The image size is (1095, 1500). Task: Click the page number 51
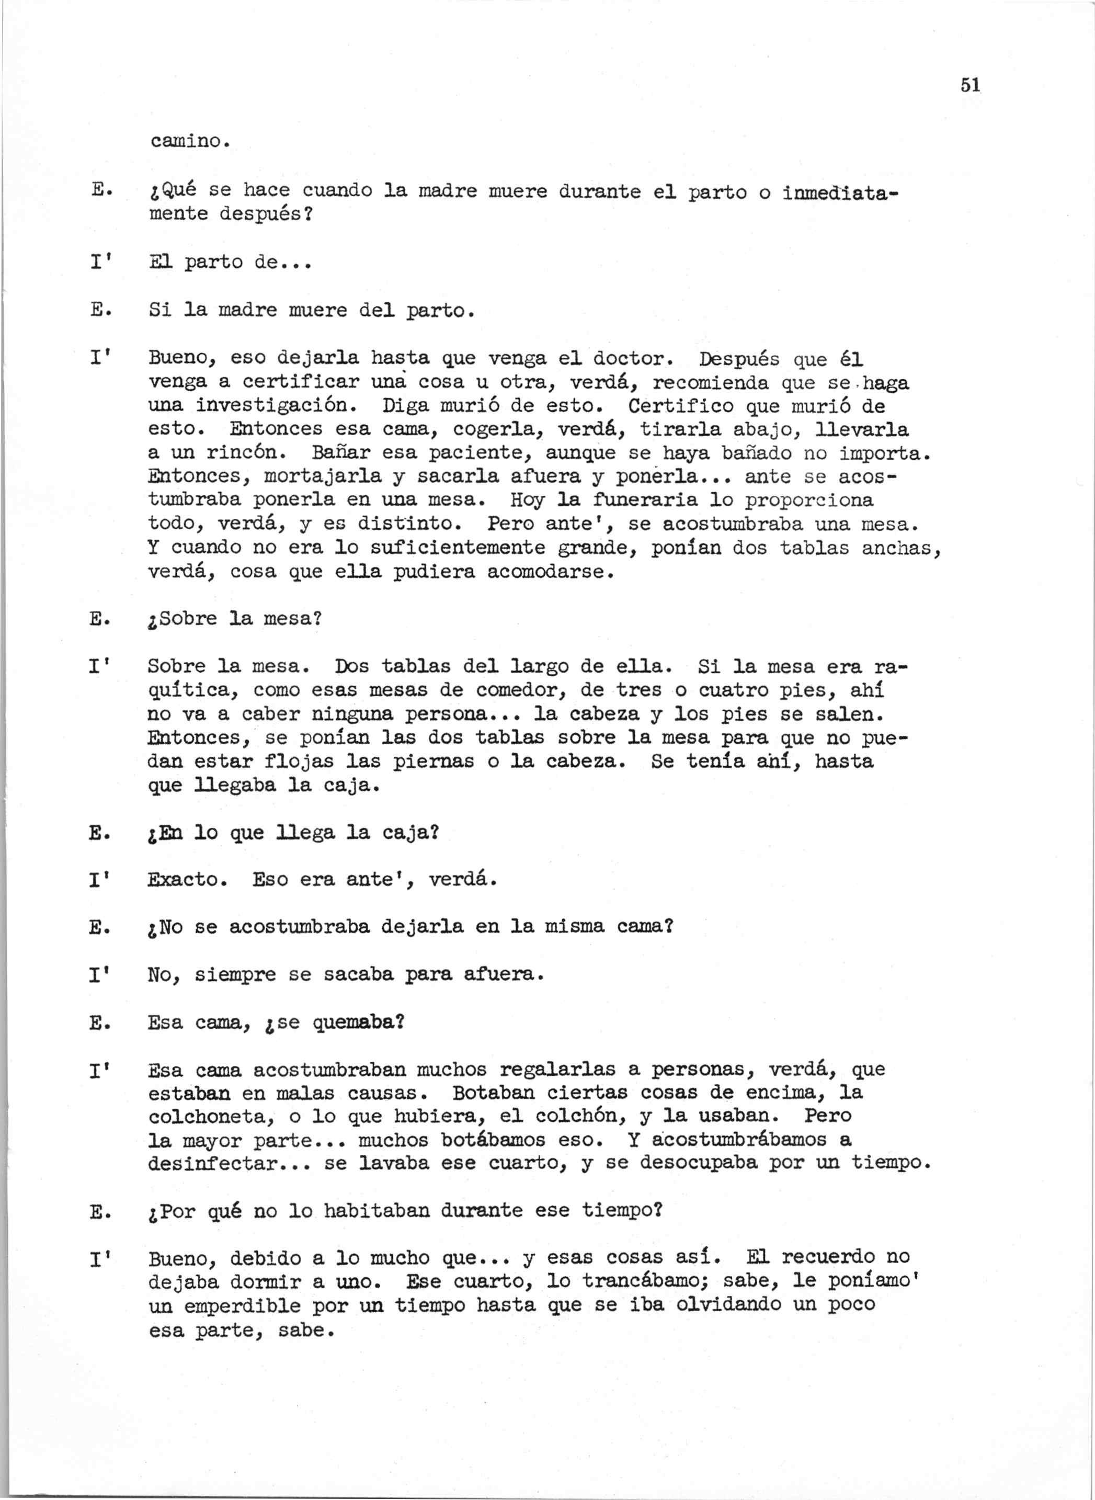tap(969, 85)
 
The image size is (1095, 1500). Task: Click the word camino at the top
tap(188, 141)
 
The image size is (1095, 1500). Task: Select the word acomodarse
tap(546, 571)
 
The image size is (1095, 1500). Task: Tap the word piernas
tap(434, 762)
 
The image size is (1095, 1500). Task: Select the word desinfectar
tap(211, 1163)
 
